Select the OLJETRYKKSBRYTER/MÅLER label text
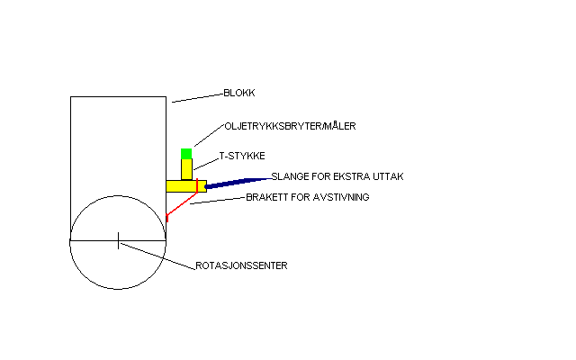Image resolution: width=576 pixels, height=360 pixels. [x=290, y=126]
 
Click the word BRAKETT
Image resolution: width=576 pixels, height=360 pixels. [x=265, y=196]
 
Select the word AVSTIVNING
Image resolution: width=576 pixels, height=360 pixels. [x=340, y=196]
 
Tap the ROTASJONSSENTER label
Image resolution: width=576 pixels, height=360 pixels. [x=241, y=266]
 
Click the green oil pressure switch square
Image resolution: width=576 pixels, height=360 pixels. [x=186, y=153]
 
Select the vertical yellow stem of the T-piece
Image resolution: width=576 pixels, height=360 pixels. [x=186, y=168]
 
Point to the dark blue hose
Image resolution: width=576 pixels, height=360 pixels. [x=234, y=182]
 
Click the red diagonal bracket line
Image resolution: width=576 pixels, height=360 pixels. [x=181, y=204]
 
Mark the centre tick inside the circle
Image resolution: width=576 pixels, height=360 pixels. [x=118, y=240]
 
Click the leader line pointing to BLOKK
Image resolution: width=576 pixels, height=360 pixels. [x=196, y=97]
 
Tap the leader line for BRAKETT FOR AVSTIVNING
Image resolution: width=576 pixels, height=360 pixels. [x=216, y=201]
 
